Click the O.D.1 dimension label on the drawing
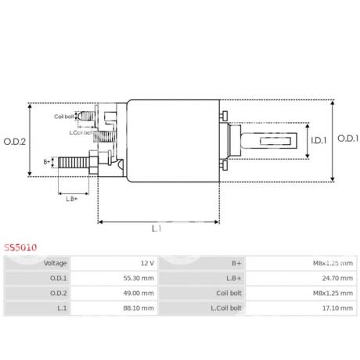tap(348, 139)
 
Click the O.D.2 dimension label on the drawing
tap(15, 142)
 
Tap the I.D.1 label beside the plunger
tap(319, 141)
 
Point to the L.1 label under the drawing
tap(157, 229)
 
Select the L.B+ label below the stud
tap(72, 199)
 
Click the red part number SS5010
tap(20, 247)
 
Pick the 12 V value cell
tap(147, 263)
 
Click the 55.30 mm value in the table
tap(139, 278)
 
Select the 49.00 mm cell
tap(139, 293)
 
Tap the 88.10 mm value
tap(139, 308)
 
